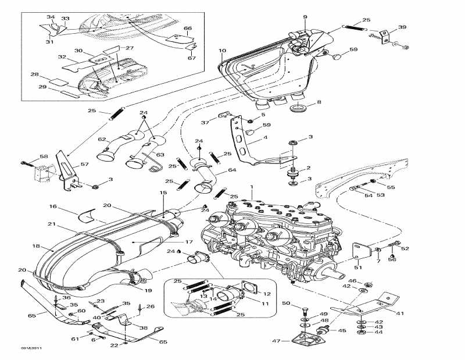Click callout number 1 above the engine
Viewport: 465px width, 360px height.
click(251, 188)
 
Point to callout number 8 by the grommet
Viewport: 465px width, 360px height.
click(318, 102)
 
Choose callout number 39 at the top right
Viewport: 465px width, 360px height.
click(402, 28)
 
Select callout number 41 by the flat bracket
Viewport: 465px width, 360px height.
click(400, 313)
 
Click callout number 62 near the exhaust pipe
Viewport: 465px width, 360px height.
click(102, 140)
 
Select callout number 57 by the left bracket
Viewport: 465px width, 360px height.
click(85, 165)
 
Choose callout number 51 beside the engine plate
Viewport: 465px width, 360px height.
click(357, 268)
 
